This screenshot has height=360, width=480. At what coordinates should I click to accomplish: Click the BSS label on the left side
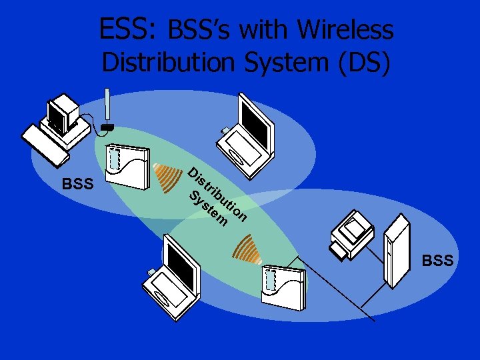77,184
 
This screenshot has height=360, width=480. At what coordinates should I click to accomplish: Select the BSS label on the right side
437,260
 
